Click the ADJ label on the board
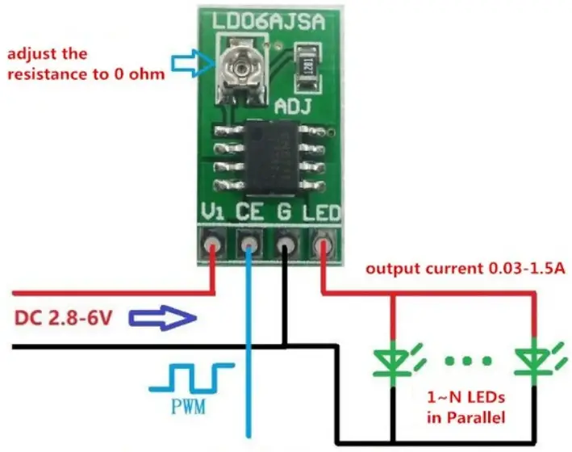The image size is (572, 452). tap(294, 106)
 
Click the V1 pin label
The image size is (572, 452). tap(212, 213)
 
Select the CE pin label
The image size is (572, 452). tap(250, 213)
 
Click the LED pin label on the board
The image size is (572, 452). tap(322, 213)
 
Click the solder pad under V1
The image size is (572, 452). tap(214, 243)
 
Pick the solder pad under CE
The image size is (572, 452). tap(250, 243)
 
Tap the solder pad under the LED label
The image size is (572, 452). tap(323, 243)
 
